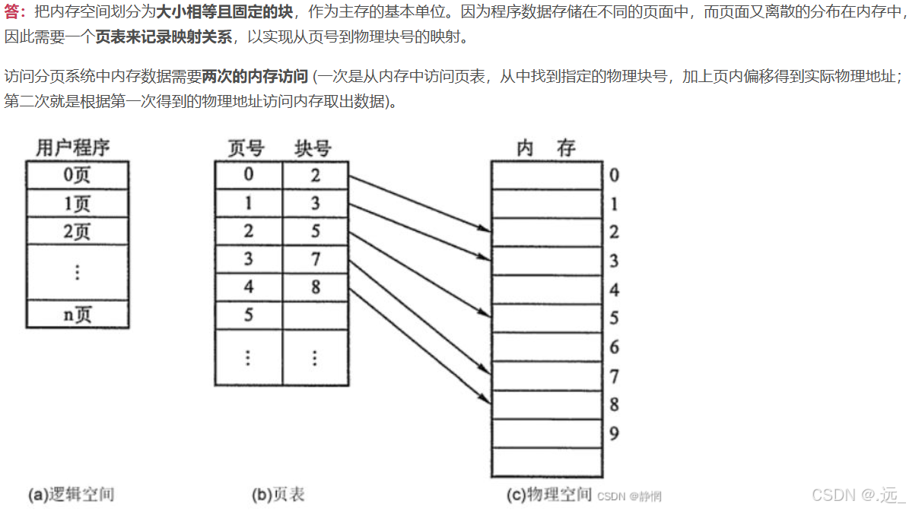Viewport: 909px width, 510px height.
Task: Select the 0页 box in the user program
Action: (77, 176)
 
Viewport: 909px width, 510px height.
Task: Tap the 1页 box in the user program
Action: (77, 204)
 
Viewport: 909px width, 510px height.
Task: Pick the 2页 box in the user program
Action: (77, 231)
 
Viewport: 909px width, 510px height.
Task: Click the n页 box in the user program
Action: (77, 314)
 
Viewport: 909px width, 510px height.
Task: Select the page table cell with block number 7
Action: (316, 259)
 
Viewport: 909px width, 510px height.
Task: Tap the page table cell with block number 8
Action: (316, 288)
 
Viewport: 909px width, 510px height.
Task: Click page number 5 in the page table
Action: (249, 315)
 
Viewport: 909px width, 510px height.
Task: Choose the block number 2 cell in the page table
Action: (316, 176)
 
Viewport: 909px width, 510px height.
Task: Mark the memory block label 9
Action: (614, 434)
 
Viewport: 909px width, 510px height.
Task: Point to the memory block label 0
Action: (614, 176)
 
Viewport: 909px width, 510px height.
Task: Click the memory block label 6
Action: (614, 347)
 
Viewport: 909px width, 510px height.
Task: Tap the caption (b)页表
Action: (278, 495)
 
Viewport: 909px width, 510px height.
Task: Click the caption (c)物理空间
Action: (549, 495)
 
